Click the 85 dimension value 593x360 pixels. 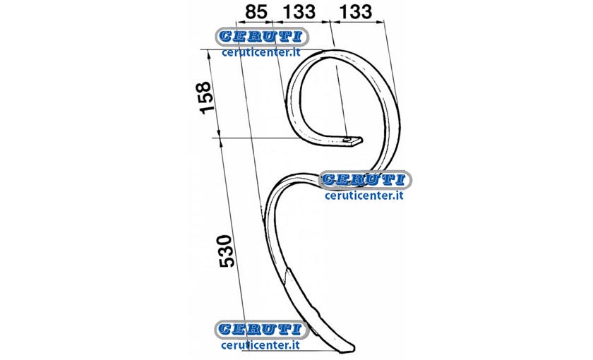tap(256, 12)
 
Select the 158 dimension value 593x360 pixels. tap(205, 97)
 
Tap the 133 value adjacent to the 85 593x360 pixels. tap(299, 12)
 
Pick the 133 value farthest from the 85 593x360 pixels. tap(356, 12)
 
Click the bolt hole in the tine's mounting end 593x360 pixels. tap(348, 139)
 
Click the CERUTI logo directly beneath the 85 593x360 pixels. tap(262, 37)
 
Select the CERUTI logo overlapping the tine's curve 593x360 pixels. tap(365, 179)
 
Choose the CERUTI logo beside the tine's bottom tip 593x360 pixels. tap(261, 329)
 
